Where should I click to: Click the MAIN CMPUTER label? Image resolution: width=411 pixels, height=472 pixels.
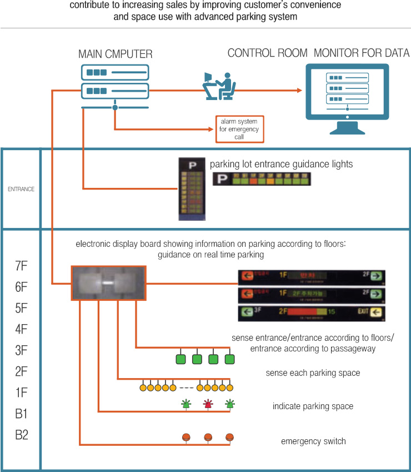(115, 54)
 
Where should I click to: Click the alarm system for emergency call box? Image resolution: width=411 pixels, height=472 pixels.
(239, 128)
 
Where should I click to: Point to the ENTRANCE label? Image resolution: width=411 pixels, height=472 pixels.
(21, 189)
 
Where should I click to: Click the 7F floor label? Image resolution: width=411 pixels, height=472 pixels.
(21, 266)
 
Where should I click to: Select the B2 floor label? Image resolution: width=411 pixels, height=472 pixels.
(21, 435)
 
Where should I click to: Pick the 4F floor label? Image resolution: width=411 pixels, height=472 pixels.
(21, 329)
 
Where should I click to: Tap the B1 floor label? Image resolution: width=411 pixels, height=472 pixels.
(21, 414)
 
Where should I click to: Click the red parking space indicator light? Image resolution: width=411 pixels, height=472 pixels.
(208, 404)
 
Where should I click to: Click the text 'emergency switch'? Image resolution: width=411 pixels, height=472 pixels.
(313, 441)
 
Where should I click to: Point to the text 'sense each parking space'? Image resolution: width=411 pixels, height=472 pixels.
(313, 373)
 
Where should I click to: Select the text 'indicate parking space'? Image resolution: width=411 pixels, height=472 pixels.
(313, 406)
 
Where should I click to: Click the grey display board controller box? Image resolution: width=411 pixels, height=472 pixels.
(109, 283)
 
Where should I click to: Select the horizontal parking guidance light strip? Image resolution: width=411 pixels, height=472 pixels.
(262, 180)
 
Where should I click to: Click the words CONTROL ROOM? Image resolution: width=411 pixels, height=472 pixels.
(267, 53)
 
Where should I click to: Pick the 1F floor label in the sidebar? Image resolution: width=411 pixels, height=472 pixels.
(21, 392)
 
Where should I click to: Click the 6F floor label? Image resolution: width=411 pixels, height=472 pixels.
(21, 287)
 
